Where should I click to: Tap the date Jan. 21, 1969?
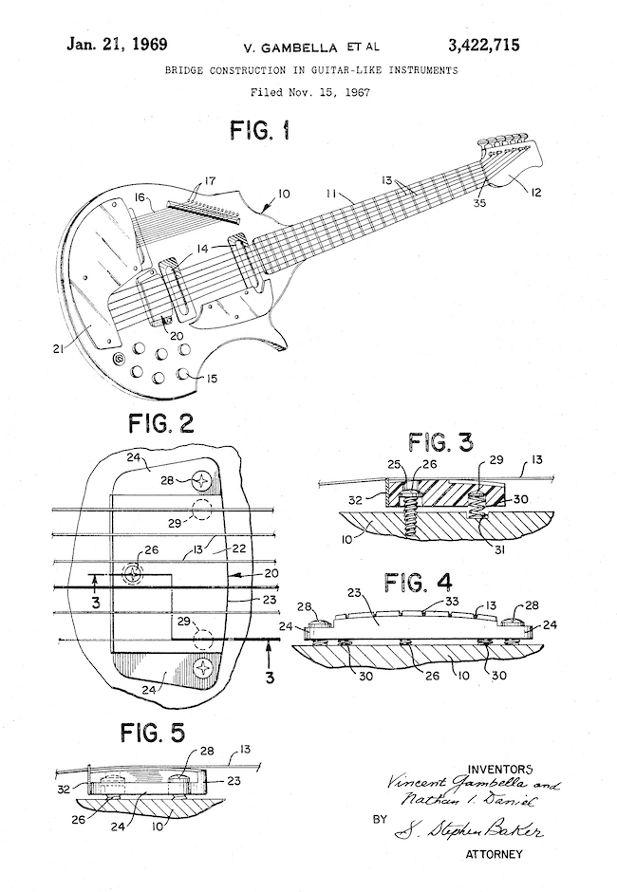(x=116, y=45)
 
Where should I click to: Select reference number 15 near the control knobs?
(x=211, y=379)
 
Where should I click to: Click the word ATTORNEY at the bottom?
(x=494, y=855)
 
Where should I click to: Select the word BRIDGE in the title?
(x=186, y=71)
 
